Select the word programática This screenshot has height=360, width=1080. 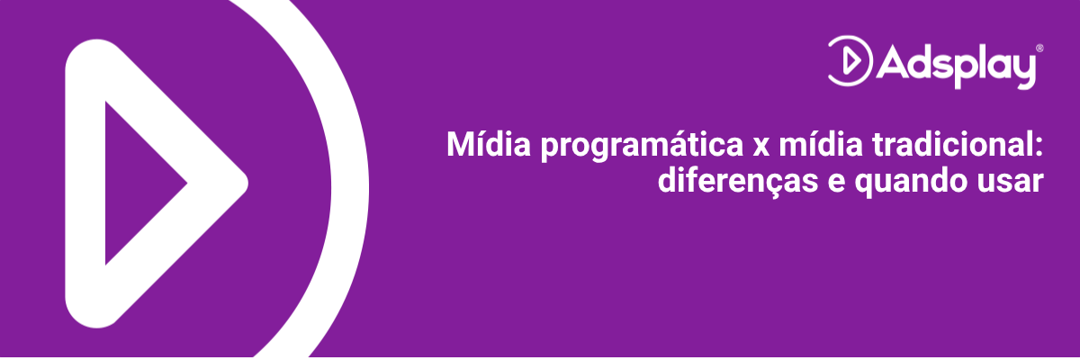tap(642, 147)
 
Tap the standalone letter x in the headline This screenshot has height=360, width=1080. tap(760, 147)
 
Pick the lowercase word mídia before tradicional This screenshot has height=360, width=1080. tap(821, 144)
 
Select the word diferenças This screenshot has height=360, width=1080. tap(738, 182)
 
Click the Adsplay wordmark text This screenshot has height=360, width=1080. tap(956, 67)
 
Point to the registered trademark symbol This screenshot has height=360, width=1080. tap(1039, 49)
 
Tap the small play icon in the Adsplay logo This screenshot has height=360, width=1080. tap(850, 60)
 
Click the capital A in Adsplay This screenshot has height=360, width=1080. tap(893, 62)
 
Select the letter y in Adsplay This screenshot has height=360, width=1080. tap(1021, 70)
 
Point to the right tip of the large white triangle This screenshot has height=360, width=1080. tap(247, 183)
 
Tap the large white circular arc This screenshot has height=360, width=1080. tap(350, 188)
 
